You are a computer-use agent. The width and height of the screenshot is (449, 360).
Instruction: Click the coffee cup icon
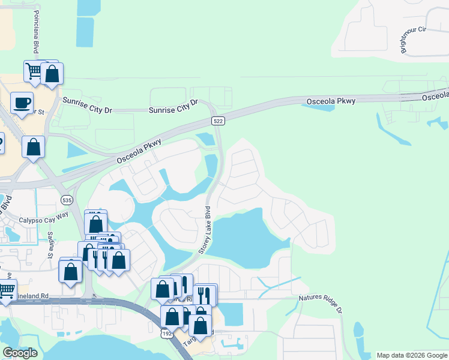pyautogui.click(x=22, y=103)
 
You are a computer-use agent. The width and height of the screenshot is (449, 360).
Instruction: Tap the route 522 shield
pyautogui.click(x=218, y=121)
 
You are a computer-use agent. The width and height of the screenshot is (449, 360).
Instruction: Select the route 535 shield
pyautogui.click(x=67, y=200)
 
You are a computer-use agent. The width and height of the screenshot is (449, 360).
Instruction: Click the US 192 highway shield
pyautogui.click(x=166, y=332)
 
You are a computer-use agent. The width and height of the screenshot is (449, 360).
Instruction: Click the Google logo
pyautogui.click(x=20, y=353)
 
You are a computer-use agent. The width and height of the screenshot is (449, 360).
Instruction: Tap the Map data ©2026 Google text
pyautogui.click(x=412, y=355)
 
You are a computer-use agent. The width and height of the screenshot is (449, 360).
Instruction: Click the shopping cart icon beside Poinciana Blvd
pyautogui.click(x=34, y=71)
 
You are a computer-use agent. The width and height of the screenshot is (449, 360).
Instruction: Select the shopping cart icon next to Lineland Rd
pyautogui.click(x=6, y=291)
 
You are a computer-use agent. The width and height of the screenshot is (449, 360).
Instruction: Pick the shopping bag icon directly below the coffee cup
pyautogui.click(x=34, y=146)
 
